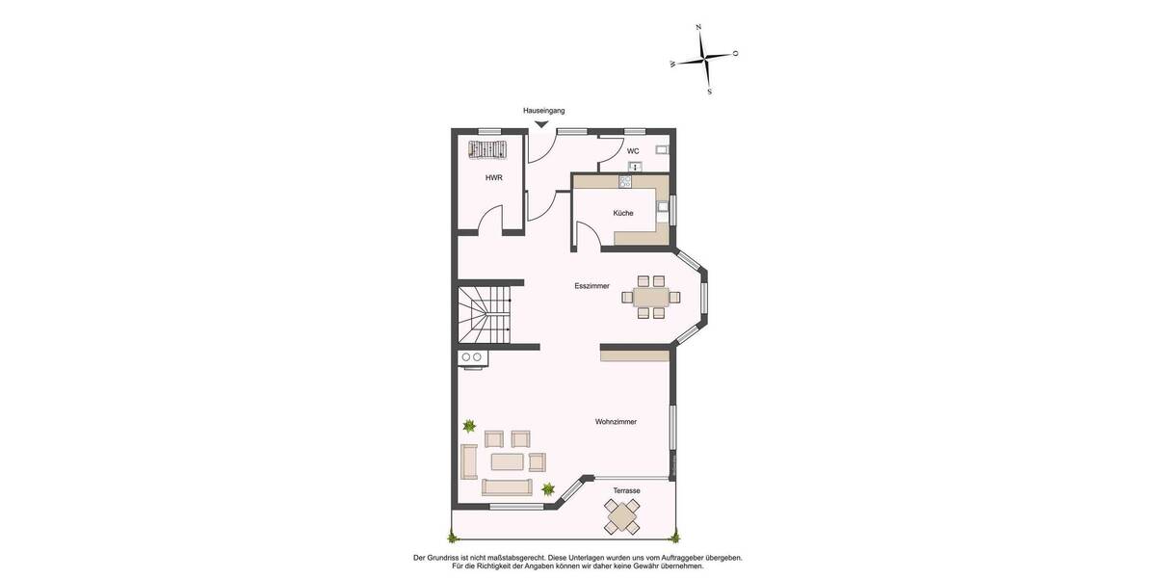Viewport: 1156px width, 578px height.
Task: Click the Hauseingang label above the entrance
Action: (543, 112)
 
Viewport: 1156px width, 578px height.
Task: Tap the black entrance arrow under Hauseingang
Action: (542, 123)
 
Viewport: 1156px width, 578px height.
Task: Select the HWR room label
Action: (493, 177)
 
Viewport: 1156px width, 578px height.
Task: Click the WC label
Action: (633, 151)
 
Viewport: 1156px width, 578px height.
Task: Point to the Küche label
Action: (623, 213)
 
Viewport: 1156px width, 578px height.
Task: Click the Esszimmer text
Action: (591, 286)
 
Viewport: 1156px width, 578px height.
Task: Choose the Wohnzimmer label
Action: (616, 422)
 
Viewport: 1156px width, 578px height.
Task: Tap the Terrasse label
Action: (626, 490)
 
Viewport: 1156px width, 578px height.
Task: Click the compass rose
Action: (707, 59)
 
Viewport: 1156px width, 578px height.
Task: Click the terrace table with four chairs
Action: (622, 517)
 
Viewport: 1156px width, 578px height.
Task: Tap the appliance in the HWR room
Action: (486, 149)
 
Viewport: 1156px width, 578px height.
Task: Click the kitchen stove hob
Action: (625, 181)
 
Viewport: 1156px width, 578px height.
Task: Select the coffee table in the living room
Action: (507, 462)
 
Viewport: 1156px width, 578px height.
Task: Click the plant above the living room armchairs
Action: (469, 425)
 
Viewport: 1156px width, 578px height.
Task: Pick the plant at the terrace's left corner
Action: (451, 536)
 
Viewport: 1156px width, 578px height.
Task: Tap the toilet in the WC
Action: (662, 150)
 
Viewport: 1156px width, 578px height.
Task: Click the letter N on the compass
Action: (697, 28)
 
